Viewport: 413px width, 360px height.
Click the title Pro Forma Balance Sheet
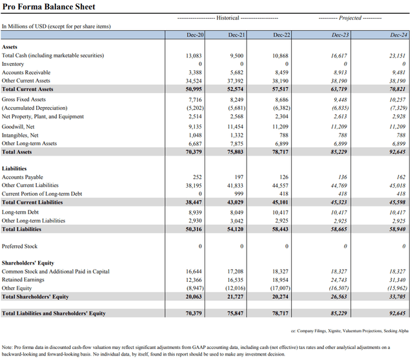pos(48,7)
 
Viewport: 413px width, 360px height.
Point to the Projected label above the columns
pos(350,18)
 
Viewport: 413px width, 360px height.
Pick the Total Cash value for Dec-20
pos(194,57)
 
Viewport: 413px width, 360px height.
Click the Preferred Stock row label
pos(21,246)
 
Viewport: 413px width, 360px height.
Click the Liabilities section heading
pos(14,168)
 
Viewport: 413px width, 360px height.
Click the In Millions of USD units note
pos(56,26)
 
